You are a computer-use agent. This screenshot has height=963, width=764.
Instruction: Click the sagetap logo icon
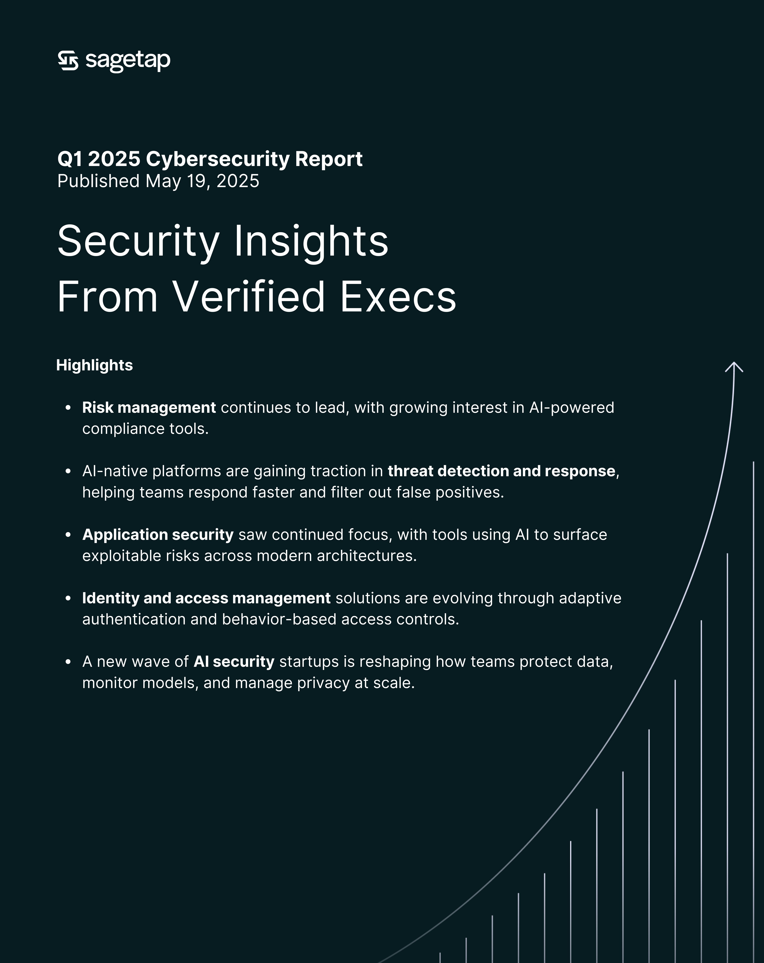pyautogui.click(x=68, y=61)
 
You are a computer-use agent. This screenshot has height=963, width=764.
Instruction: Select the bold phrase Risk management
pyautogui.click(x=149, y=407)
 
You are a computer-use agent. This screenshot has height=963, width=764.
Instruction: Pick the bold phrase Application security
pyautogui.click(x=158, y=535)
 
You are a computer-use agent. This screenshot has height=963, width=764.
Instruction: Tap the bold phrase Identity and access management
pyautogui.click(x=206, y=598)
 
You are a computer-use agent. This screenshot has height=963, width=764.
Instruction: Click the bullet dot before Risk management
pyautogui.click(x=68, y=407)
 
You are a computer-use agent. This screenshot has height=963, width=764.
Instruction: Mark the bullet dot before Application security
pyautogui.click(x=68, y=535)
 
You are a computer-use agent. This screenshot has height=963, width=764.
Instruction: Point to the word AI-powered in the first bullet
pyautogui.click(x=572, y=407)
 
